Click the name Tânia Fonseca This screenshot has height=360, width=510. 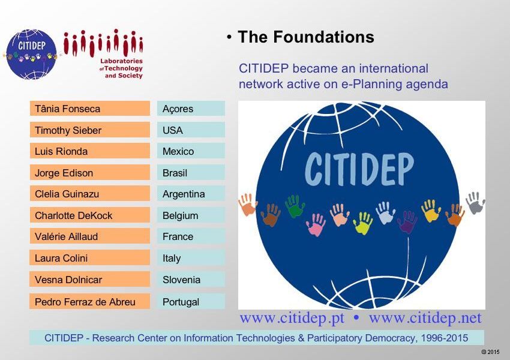tap(67, 109)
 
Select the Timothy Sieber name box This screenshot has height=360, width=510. tap(90, 130)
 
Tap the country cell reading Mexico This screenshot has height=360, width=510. tap(191, 151)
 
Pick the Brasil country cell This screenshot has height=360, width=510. tap(191, 172)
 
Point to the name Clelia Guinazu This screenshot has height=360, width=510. tap(67, 194)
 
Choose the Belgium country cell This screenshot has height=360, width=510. tap(191, 215)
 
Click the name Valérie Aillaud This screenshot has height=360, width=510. tap(67, 236)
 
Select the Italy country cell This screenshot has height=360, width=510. tap(191, 257)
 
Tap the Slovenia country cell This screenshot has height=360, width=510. tap(191, 280)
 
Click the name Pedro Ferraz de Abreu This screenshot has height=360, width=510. tap(85, 302)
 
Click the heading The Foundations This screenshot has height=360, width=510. tap(306, 37)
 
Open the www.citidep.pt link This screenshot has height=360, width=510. tap(292, 318)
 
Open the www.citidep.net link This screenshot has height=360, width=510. tap(425, 318)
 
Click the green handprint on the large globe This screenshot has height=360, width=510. tap(295, 206)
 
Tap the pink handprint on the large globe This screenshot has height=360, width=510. tap(316, 224)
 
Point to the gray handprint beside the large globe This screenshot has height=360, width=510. tap(476, 203)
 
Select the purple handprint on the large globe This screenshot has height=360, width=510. tap(407, 221)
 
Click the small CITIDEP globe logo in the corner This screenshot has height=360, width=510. tap(31, 55)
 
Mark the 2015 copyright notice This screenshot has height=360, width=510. tap(490, 352)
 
